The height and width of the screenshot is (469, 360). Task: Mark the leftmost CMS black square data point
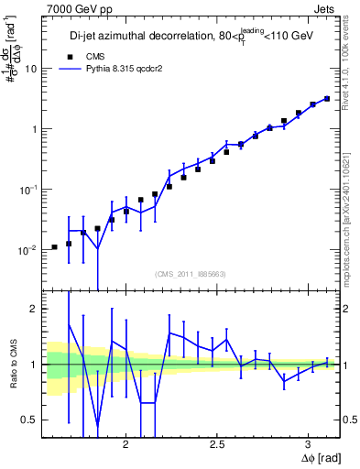click(54, 247)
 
